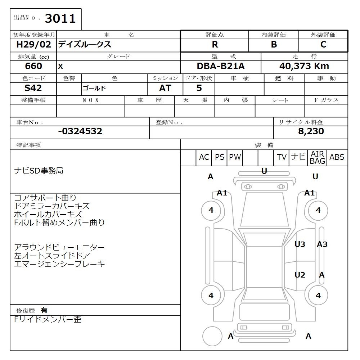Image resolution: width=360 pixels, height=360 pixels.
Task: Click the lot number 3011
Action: point(60,18)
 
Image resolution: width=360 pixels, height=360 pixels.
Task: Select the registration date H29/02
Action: point(33,44)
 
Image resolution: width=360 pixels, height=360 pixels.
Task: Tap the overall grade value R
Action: point(215,45)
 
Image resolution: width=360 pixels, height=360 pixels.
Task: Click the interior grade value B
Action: point(274,45)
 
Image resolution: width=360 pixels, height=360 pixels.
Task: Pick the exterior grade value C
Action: point(323,45)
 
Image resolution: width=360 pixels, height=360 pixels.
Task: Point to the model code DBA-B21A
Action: point(221,66)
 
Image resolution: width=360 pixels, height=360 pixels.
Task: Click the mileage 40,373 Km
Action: point(304,66)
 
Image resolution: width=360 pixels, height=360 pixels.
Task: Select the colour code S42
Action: point(33,88)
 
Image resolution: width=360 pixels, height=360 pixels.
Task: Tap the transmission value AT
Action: point(165,88)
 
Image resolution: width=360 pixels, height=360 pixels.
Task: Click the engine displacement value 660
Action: point(33,66)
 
